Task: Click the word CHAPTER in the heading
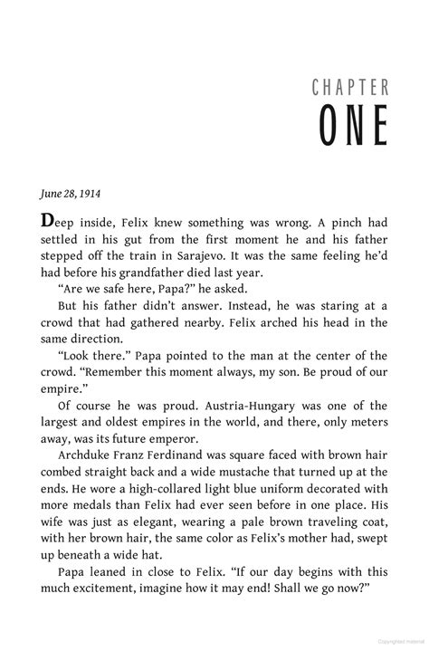(350, 88)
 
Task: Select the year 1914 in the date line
(90, 193)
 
